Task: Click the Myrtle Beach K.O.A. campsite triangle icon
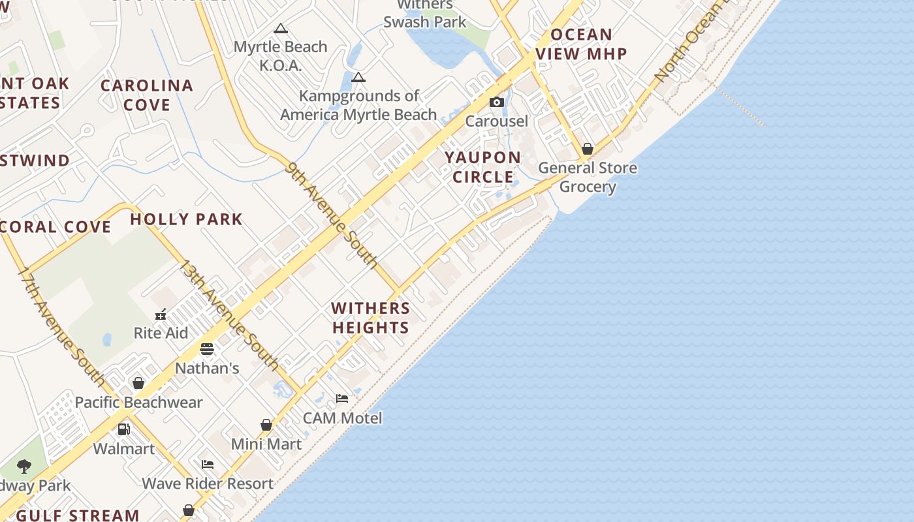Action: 281,28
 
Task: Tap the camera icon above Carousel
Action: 497,102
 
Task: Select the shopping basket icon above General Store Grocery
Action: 588,149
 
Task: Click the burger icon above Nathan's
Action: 207,349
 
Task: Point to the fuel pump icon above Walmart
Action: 123,429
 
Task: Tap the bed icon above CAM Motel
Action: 342,398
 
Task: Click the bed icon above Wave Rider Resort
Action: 208,465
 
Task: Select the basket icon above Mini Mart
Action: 266,425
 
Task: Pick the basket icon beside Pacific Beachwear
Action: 138,383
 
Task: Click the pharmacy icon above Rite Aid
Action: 161,315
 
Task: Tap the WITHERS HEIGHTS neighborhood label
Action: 371,318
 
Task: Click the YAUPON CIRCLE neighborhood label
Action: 483,167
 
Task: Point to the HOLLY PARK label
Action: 186,219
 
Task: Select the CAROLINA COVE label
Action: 147,95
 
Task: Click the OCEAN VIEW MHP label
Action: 582,44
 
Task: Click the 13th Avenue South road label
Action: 229,315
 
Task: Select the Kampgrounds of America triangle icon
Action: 358,78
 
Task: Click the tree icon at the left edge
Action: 24,466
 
